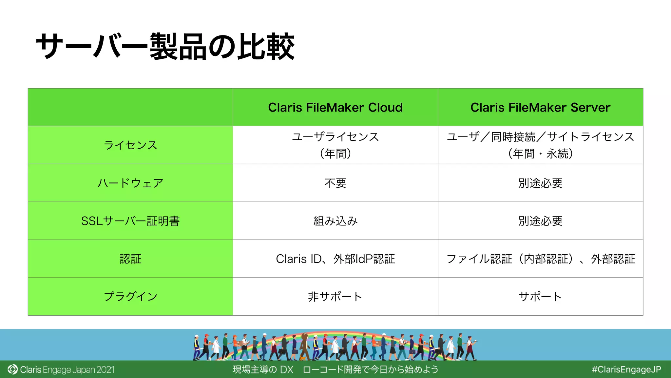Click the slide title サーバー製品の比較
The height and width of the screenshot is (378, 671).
coord(165,47)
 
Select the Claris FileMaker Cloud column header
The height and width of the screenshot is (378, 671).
coord(335,108)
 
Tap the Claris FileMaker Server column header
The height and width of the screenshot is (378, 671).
coord(540,108)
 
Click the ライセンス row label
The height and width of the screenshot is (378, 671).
coord(130,145)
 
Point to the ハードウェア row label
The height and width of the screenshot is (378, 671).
coord(130,183)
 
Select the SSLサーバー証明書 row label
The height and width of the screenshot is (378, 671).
coord(130,221)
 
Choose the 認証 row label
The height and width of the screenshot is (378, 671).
coord(130,259)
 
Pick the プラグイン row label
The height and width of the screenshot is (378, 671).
coord(130,297)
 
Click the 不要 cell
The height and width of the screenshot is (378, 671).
coord(335,183)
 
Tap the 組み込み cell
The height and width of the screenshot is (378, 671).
coord(335,221)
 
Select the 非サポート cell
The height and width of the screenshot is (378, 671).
coord(335,297)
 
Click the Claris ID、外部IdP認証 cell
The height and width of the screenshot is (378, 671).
coord(335,259)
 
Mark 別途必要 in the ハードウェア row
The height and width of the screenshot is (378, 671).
coord(540,183)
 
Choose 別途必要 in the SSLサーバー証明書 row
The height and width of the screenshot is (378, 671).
coord(540,221)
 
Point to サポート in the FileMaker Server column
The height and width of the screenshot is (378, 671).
coord(540,297)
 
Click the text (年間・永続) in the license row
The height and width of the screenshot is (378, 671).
coord(540,154)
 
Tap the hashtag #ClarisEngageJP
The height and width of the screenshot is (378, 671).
coord(626,369)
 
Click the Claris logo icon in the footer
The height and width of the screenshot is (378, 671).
coord(12,369)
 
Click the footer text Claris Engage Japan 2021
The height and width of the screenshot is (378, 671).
coord(67,370)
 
